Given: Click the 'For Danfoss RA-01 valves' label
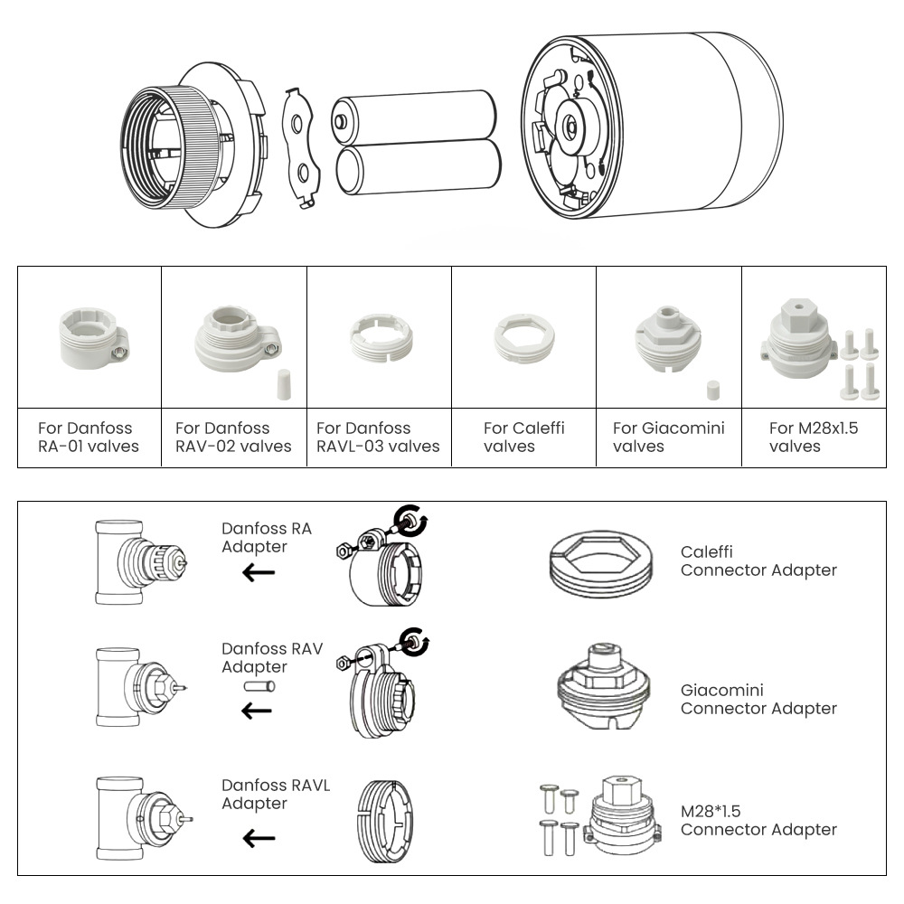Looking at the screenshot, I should (x=88, y=437).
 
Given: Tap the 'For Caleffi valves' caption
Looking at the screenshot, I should (x=523, y=437).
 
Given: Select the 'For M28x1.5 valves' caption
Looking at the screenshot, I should (x=814, y=437).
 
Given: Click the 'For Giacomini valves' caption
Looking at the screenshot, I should (x=668, y=437).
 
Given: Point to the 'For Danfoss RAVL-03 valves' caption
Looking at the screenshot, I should (x=378, y=437).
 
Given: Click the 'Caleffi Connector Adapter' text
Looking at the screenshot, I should (x=758, y=560).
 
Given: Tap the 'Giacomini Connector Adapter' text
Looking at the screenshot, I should (x=758, y=699).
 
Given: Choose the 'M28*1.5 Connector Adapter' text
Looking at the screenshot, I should (x=758, y=820).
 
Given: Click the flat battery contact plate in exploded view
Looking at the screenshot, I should (x=301, y=145).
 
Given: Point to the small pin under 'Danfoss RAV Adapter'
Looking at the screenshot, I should (x=259, y=687).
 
